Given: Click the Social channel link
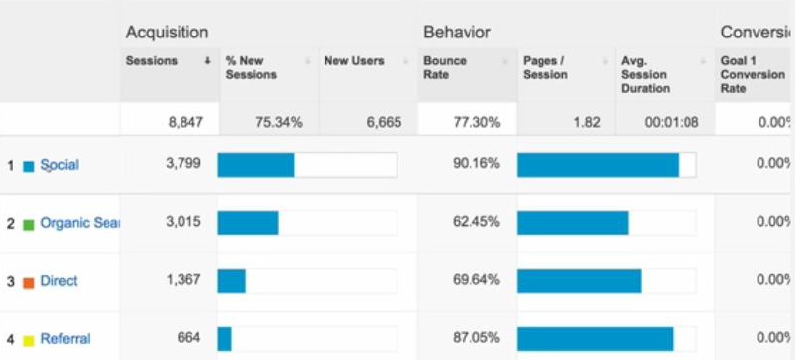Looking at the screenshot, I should pos(59,165).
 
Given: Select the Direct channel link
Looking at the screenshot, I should pos(59,281).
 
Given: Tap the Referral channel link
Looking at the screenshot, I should pos(65,339).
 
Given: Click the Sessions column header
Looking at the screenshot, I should pos(152,61).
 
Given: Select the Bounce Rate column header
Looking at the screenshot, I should pos(445,67).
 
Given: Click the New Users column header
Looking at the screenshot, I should pos(354,61).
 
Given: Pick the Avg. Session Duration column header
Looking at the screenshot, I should pos(646,74).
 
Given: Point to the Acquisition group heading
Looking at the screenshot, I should pos(167,34).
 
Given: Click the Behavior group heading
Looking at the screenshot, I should pos(457,34).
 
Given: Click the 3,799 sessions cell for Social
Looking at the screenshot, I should pos(182,164).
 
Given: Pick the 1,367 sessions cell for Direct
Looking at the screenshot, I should pos(182,281).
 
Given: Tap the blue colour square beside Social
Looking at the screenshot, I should pos(28,166).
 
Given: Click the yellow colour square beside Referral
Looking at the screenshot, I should pos(28,340).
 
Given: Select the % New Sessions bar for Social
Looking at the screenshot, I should pos(255,165).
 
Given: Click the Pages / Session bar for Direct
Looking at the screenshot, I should pos(579,281).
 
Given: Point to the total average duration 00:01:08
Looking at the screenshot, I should pos(670,123).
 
